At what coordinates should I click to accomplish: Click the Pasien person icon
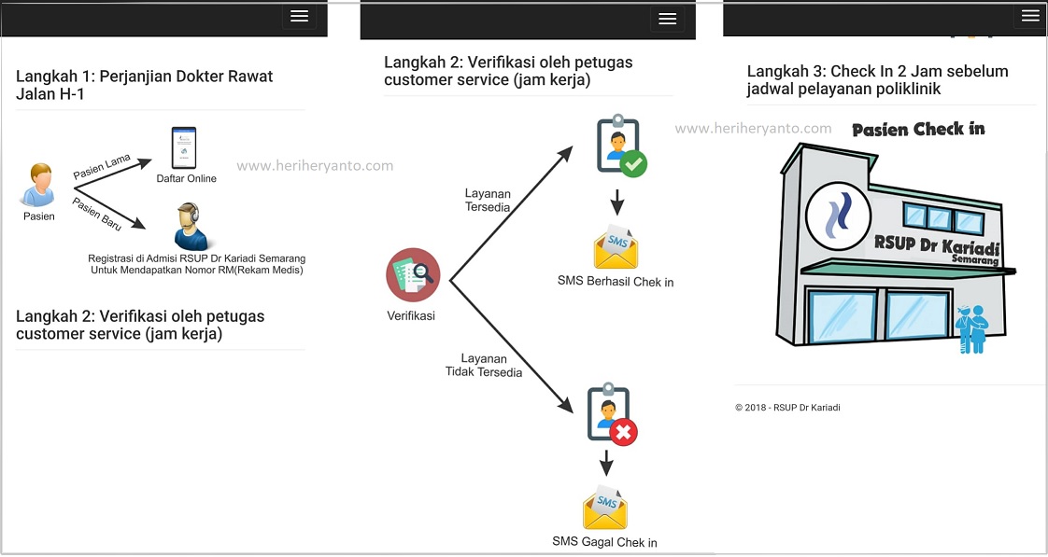[38, 185]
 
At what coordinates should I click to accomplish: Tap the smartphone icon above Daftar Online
[184, 147]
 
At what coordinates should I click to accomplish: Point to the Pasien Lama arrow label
[101, 167]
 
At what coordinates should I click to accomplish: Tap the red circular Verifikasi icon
[412, 274]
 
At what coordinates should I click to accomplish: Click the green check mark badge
[634, 164]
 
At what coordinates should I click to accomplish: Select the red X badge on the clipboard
[623, 432]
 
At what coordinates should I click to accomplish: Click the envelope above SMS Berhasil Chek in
[616, 247]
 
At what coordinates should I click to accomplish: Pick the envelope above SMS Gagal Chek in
[604, 508]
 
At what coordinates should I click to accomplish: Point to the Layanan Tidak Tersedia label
[483, 365]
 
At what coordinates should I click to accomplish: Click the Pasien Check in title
[918, 129]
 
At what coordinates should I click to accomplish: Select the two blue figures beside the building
[971, 328]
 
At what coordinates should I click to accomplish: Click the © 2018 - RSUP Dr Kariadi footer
[786, 408]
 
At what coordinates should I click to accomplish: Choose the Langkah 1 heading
[145, 85]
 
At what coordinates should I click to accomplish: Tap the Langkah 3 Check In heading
[877, 80]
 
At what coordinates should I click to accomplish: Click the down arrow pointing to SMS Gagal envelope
[605, 463]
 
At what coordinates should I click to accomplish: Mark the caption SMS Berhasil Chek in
[616, 282]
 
